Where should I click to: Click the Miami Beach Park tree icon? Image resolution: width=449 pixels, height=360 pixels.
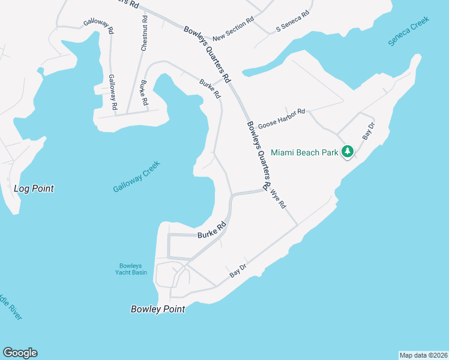point(348,152)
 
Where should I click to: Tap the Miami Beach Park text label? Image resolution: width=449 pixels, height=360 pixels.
point(305,152)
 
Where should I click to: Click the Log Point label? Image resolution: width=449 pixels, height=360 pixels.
point(34,188)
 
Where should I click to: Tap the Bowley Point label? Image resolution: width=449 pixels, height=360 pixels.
point(158,309)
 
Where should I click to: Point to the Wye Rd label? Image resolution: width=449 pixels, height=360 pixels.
point(279,199)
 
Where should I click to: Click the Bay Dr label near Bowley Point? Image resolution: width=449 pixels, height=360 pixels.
point(238,271)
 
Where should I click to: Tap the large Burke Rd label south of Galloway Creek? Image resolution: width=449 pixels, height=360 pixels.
point(211,230)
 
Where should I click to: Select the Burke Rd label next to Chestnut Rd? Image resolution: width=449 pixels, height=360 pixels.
point(143,92)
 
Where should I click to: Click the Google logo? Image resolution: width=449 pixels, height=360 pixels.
point(20,353)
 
